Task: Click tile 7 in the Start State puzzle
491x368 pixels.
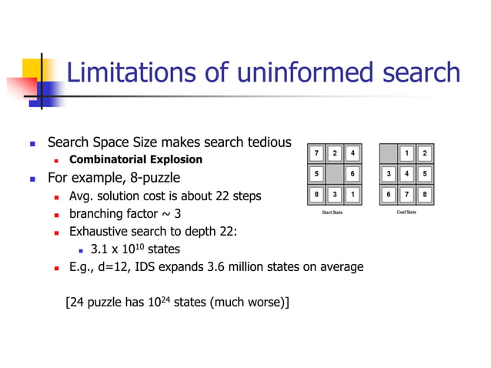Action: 316,153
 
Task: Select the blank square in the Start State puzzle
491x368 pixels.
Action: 333,174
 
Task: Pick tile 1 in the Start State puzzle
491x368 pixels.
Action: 352,194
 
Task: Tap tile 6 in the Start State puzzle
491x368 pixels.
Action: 352,174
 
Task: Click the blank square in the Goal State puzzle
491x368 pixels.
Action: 389,153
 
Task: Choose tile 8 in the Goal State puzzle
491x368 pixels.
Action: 425,194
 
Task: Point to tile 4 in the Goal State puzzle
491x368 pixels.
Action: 407,174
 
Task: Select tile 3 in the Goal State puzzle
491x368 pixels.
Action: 389,174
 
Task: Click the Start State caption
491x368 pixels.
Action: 332,212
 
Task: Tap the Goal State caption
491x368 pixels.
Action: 406,212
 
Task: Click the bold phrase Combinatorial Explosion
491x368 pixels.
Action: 135,160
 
